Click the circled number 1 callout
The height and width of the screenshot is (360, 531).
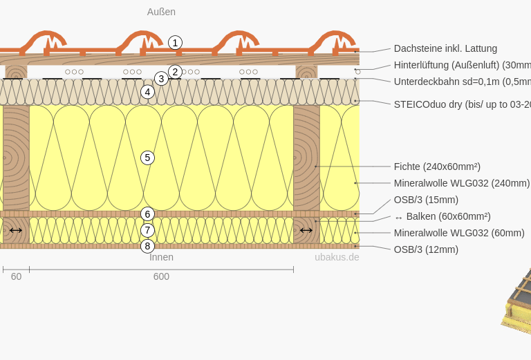175,43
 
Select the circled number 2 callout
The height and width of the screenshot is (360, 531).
175,71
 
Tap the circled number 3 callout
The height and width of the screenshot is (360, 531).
161,79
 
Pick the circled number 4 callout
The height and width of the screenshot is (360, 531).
147,92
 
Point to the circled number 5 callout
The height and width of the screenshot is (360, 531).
147,158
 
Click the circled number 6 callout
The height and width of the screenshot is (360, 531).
147,214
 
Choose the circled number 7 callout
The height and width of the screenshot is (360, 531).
147,230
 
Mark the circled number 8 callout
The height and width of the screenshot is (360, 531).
147,246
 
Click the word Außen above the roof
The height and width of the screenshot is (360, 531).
161,12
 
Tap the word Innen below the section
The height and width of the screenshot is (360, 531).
161,257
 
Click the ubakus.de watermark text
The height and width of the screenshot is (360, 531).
337,257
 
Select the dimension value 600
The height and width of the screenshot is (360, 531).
161,276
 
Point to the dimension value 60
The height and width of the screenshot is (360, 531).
16,276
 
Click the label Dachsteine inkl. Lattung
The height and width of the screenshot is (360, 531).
445,48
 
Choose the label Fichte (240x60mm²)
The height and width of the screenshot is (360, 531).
437,167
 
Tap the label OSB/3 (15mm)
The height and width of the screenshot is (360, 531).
426,200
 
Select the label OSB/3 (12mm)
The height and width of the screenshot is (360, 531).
426,249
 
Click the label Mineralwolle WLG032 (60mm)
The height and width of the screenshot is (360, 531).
459,233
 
